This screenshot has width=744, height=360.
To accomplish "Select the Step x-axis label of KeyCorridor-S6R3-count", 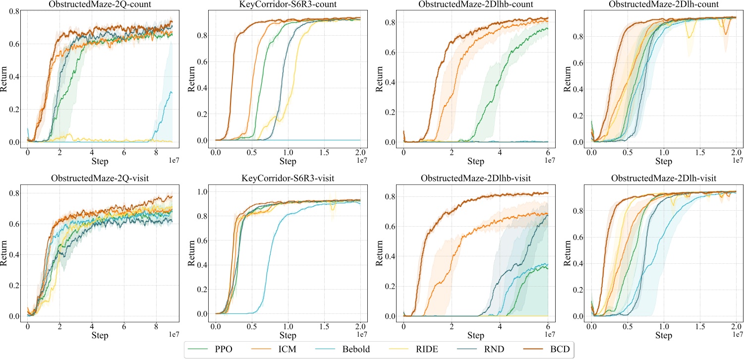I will click(288, 161).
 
